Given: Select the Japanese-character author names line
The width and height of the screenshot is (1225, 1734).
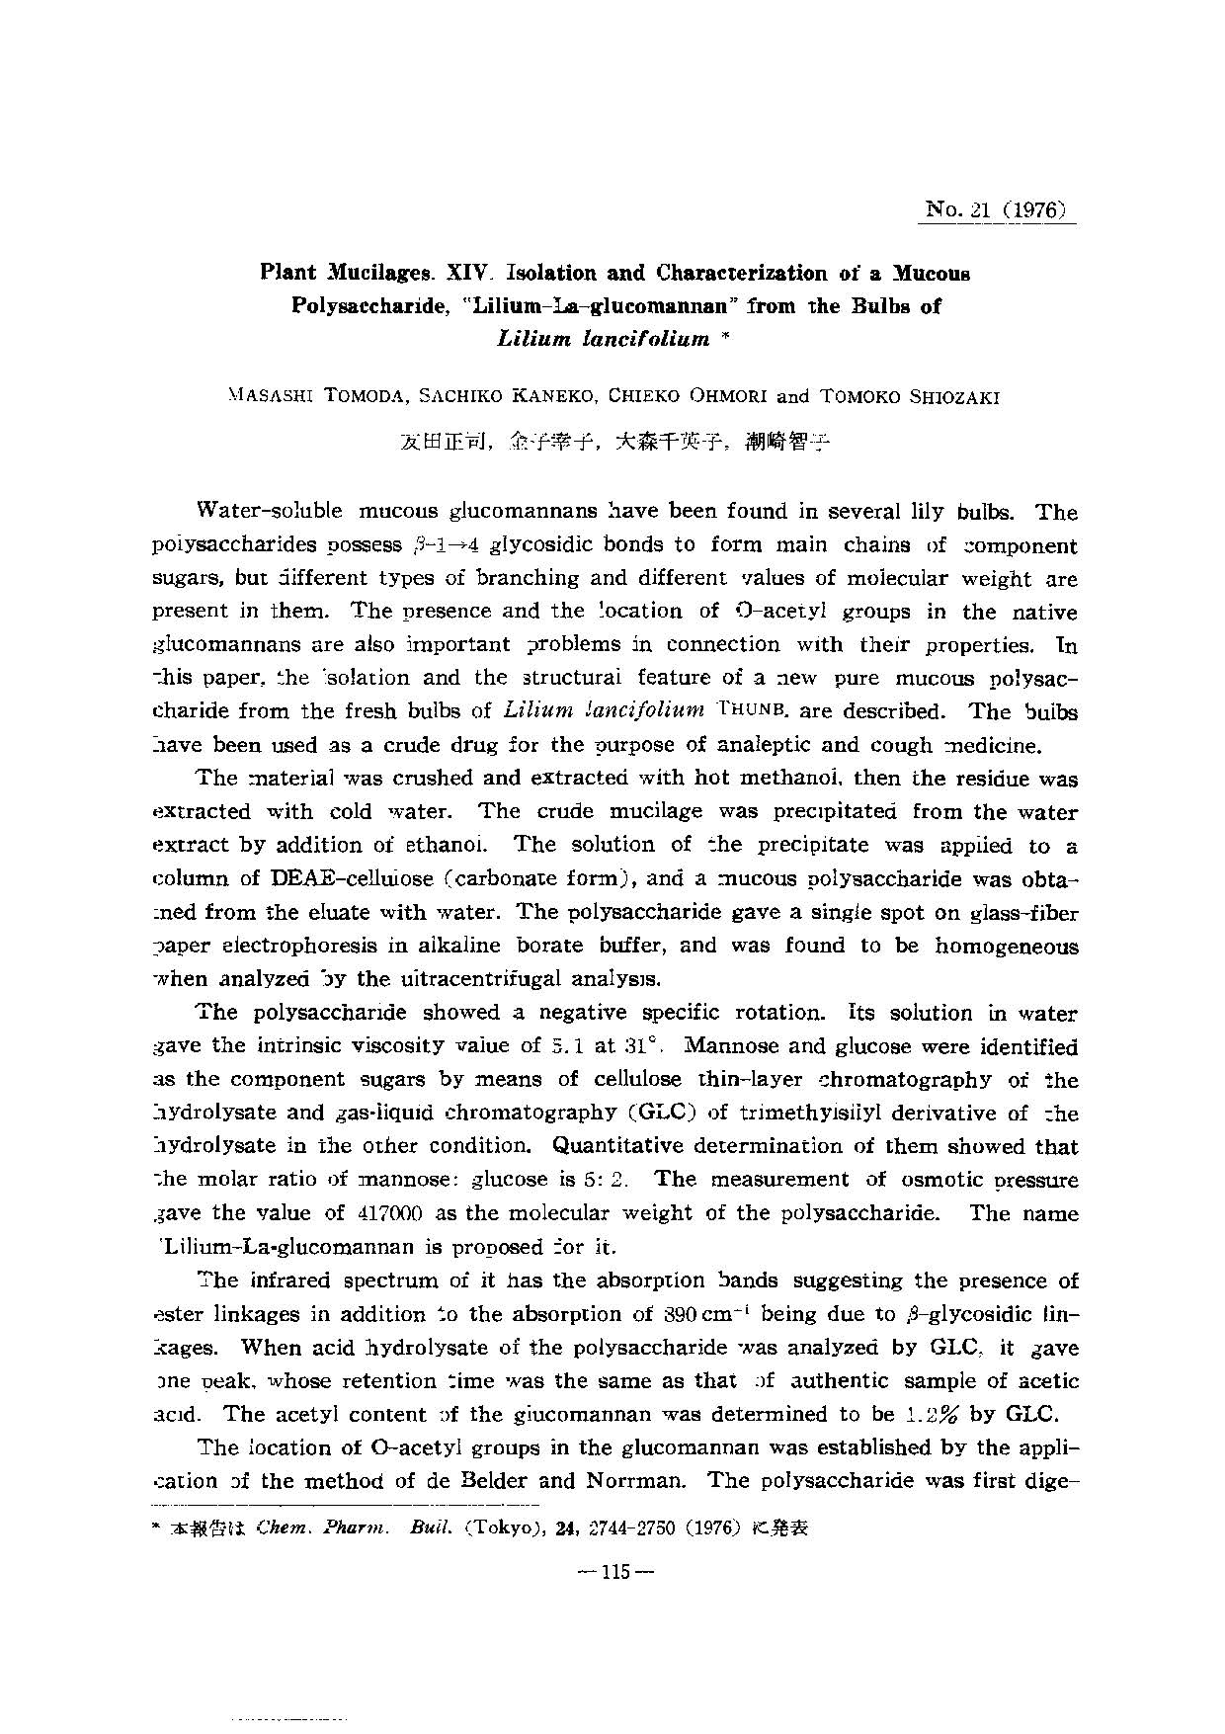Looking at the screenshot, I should click(x=613, y=442).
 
